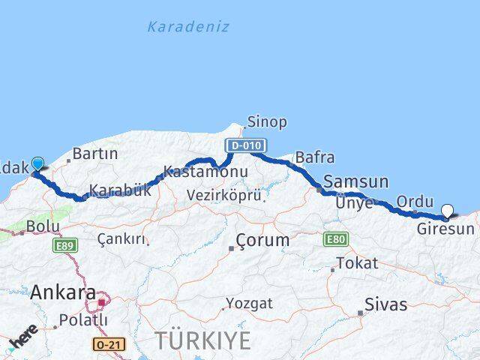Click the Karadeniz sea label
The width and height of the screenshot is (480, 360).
pos(187,27)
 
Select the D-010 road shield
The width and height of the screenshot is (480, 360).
pos(244,145)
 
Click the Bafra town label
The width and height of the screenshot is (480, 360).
pos(315,157)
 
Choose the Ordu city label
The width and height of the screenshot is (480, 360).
pos(415,201)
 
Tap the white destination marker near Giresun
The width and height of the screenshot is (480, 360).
pos(448,211)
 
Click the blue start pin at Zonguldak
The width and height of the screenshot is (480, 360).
pos(37,163)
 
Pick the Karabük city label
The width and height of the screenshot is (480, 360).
pos(120,190)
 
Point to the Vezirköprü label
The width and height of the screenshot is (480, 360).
pos(225,196)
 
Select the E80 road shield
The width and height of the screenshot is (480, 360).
pos(335,239)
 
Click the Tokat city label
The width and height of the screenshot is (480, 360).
pos(357,263)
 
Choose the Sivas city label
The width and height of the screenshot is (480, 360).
pos(385,304)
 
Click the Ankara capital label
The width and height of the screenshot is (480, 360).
pos(63,292)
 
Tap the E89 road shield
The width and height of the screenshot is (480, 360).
pos(64,245)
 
